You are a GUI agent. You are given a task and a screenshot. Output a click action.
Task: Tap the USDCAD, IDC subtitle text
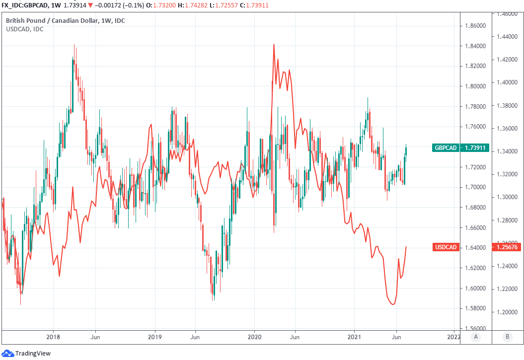point(24,29)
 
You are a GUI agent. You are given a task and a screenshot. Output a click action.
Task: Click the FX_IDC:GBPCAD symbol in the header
point(23,4)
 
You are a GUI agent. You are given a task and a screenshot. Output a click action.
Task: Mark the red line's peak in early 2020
point(274,45)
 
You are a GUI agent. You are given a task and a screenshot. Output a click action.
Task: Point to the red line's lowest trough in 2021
point(393,304)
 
